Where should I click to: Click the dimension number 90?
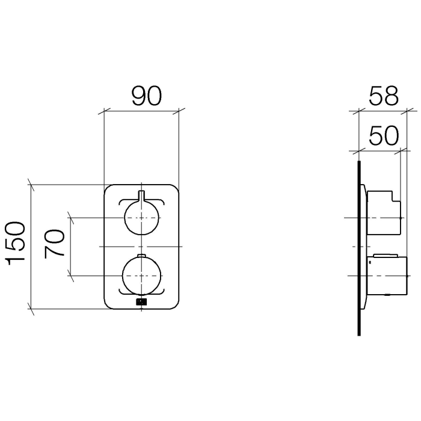(x=147, y=96)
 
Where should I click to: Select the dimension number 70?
(x=55, y=243)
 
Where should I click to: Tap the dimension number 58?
(x=383, y=97)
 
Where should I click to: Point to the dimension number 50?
(x=383, y=136)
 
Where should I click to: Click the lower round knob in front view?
(x=141, y=276)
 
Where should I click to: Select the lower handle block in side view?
(x=388, y=275)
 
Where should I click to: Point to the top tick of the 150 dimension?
(x=31, y=184)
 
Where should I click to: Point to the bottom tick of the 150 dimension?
(x=31, y=309)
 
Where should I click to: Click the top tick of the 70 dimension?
(x=72, y=217)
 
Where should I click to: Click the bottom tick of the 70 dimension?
(x=72, y=276)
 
